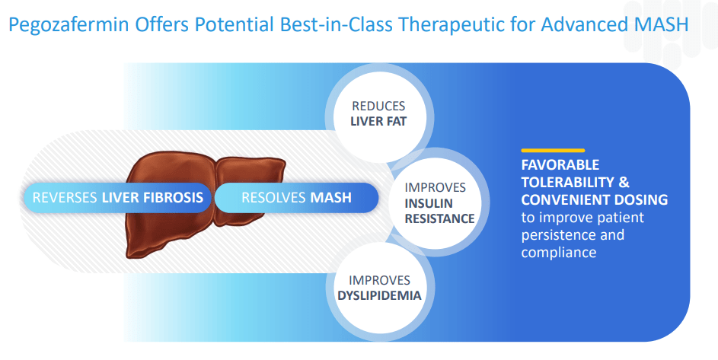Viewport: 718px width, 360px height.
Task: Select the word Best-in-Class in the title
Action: [317, 24]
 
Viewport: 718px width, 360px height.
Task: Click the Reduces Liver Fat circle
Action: [378, 113]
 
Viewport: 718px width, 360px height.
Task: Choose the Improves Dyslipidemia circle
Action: [378, 288]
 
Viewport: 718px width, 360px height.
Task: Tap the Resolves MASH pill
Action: [296, 198]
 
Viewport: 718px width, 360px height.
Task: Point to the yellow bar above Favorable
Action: [553, 150]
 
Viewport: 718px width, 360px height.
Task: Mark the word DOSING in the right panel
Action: [643, 200]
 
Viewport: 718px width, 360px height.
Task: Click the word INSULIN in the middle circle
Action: [429, 202]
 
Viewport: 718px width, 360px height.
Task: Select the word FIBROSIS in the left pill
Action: [176, 198]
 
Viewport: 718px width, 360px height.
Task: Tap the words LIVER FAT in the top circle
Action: [378, 121]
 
